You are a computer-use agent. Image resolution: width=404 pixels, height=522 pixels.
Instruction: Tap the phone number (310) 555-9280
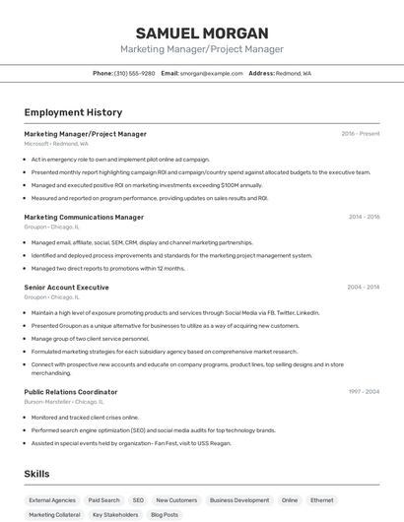pos(135,73)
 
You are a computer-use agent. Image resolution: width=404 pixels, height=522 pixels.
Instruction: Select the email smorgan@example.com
pos(211,73)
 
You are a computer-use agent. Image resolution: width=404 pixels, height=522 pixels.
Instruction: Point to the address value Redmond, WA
pos(294,73)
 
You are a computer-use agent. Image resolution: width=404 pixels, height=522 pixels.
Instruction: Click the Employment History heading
pos(73,112)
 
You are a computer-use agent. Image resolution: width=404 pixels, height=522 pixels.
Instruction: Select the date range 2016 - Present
pos(361,134)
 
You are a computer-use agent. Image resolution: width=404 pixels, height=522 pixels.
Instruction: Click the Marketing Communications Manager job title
pos(84,217)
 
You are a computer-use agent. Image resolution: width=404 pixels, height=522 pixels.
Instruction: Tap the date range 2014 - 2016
pos(364,217)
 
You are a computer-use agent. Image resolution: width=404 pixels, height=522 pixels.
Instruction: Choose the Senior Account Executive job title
pos(66,287)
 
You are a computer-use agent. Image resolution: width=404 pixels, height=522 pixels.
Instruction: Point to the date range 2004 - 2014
pos(364,287)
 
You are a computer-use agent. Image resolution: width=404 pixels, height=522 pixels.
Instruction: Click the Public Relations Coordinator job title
pos(71,392)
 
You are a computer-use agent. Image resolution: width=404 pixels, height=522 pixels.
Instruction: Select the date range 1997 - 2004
pos(364,392)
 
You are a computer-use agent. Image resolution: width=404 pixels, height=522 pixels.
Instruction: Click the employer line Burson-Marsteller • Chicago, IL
pos(64,402)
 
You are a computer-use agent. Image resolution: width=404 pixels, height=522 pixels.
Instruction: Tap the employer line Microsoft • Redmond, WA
pos(56,144)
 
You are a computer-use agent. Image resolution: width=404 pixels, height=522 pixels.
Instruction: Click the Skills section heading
pos(37,474)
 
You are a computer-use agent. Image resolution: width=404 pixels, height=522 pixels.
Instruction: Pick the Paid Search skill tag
pos(103,500)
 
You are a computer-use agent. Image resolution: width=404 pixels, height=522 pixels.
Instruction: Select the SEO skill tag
pos(138,500)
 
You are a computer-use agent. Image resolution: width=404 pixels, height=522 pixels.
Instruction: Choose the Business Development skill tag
pos(239,500)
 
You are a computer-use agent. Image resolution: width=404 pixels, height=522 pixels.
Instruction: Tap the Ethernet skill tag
pos(321,500)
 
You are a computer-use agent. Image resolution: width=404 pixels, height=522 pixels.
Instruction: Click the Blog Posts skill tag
pos(165,515)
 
